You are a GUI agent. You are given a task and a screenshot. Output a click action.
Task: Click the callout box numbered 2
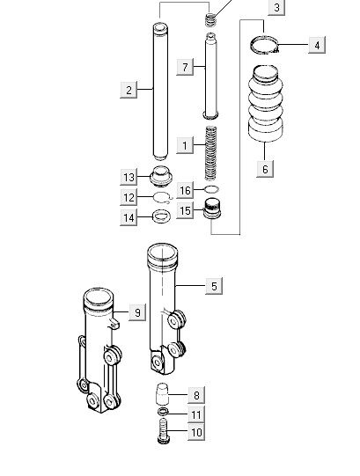click(x=129, y=90)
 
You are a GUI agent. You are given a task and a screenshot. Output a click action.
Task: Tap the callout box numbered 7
click(x=185, y=67)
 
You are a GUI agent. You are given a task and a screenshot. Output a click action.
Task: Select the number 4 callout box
click(x=317, y=45)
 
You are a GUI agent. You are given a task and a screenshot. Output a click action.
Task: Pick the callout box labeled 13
click(x=129, y=177)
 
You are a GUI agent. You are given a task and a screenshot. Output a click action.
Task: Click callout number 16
click(x=185, y=190)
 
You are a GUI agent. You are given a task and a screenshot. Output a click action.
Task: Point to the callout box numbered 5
click(x=214, y=286)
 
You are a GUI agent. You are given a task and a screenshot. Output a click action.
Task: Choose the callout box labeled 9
click(x=137, y=312)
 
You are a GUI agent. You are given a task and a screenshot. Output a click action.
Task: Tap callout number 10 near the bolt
click(x=196, y=432)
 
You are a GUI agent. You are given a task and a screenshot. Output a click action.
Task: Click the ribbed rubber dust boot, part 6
click(x=266, y=103)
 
